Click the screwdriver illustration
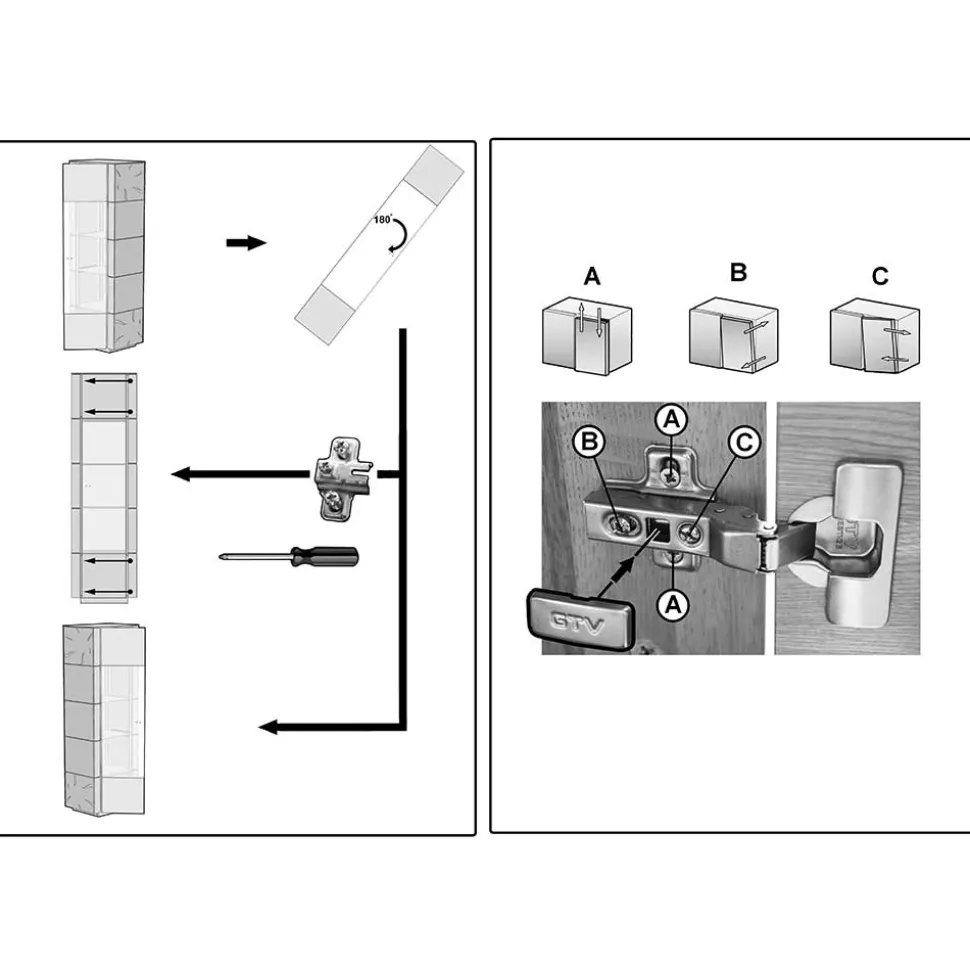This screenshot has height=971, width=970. click(x=289, y=554)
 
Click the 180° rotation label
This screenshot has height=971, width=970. click(x=383, y=220)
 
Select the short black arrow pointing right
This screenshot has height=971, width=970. click(x=246, y=243)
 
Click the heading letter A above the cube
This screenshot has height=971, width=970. click(x=592, y=276)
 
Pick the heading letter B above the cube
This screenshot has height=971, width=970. click(x=738, y=272)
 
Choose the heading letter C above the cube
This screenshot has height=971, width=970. click(x=880, y=276)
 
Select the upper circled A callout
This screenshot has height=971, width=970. click(x=672, y=420)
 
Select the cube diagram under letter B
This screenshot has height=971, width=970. click(x=733, y=335)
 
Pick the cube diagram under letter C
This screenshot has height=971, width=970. click(x=875, y=335)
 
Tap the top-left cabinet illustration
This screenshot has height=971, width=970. click(x=103, y=255)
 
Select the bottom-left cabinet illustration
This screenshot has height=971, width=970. click(x=104, y=718)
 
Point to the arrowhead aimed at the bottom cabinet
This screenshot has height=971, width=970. click(x=268, y=727)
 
